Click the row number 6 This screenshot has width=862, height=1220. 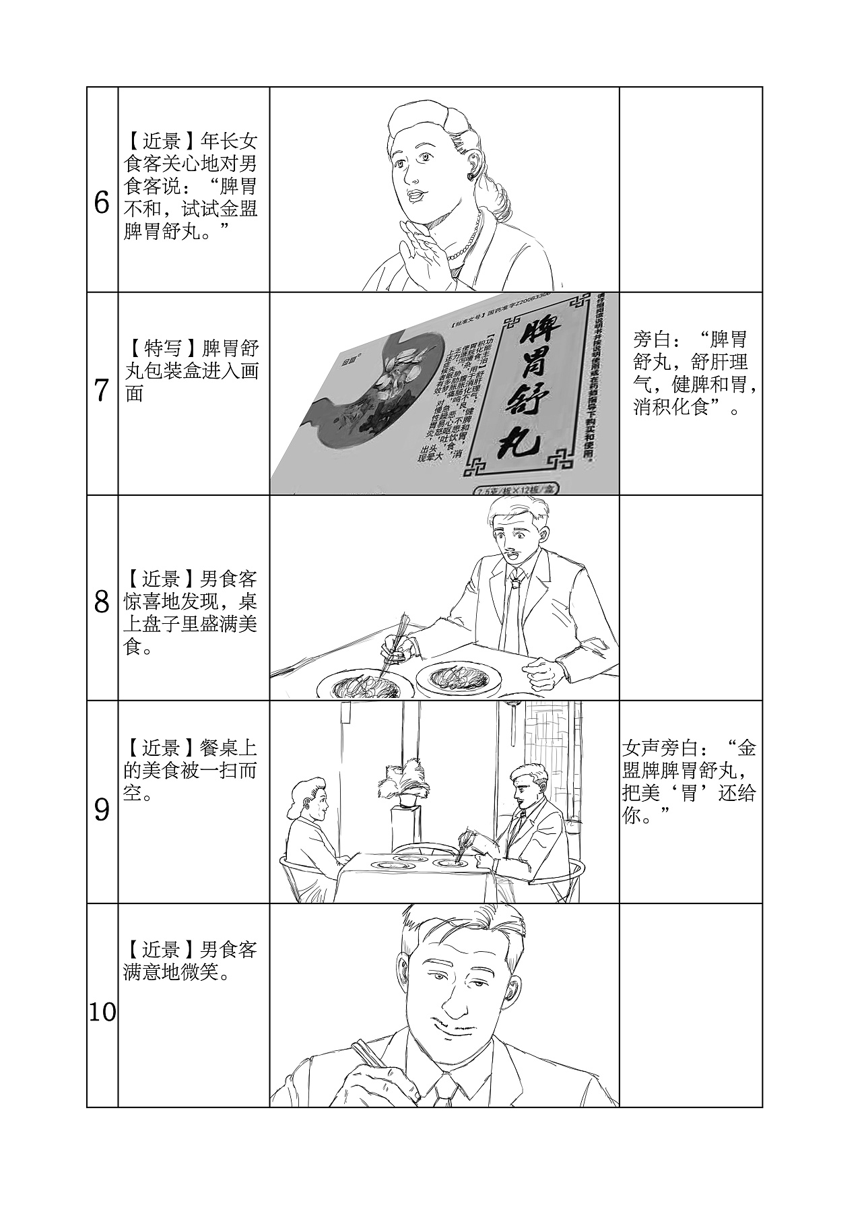click(x=102, y=203)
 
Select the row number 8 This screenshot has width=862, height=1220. click(x=102, y=602)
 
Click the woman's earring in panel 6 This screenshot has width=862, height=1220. click(x=470, y=176)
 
